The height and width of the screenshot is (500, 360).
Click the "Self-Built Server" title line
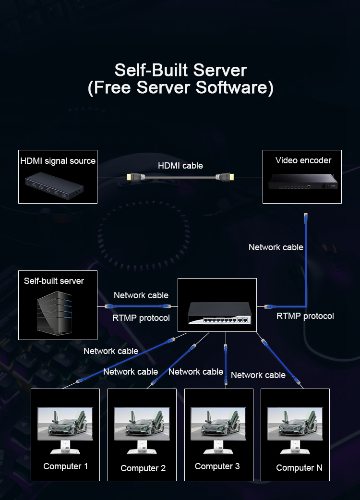point(180,70)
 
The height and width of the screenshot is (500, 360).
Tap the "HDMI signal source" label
point(58,161)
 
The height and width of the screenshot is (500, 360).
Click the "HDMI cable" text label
point(180,166)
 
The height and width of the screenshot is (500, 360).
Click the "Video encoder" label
point(303,160)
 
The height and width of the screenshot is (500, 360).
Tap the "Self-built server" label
point(54,281)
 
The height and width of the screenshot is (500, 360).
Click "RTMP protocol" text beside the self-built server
point(141,318)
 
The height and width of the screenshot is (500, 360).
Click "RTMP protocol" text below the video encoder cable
point(305,316)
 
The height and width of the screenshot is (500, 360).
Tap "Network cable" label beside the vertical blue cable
point(276,247)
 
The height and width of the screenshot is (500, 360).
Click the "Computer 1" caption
point(65,466)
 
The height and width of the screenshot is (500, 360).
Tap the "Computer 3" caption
point(217,466)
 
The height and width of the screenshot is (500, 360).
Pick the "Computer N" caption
point(299,468)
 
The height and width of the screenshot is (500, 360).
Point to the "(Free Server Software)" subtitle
point(180,88)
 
